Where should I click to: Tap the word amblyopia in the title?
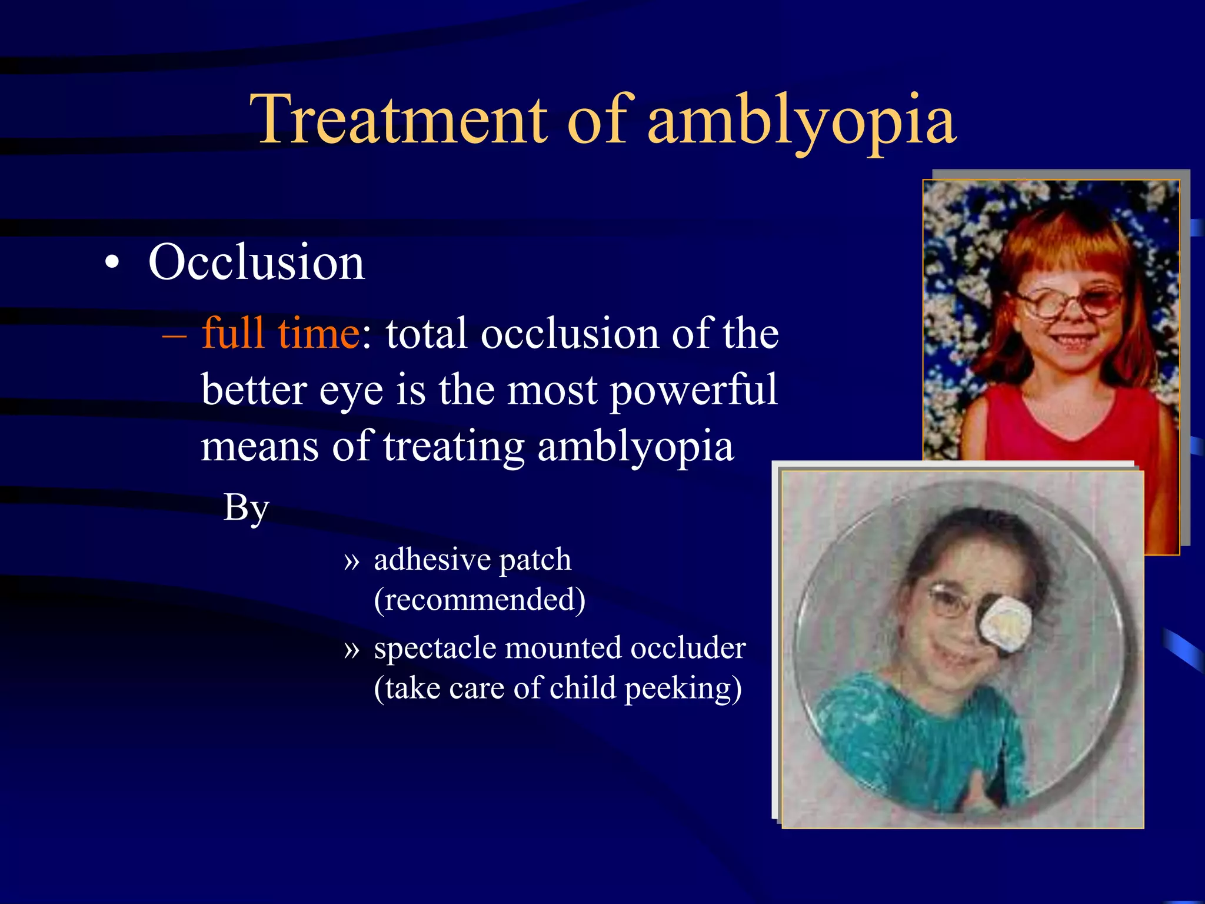pyautogui.click(x=801, y=122)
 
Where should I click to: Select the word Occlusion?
pyautogui.click(x=257, y=262)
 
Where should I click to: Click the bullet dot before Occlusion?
pyautogui.click(x=112, y=263)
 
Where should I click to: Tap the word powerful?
pyautogui.click(x=693, y=390)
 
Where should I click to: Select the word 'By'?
pyautogui.click(x=246, y=507)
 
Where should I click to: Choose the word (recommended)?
pyautogui.click(x=480, y=600)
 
